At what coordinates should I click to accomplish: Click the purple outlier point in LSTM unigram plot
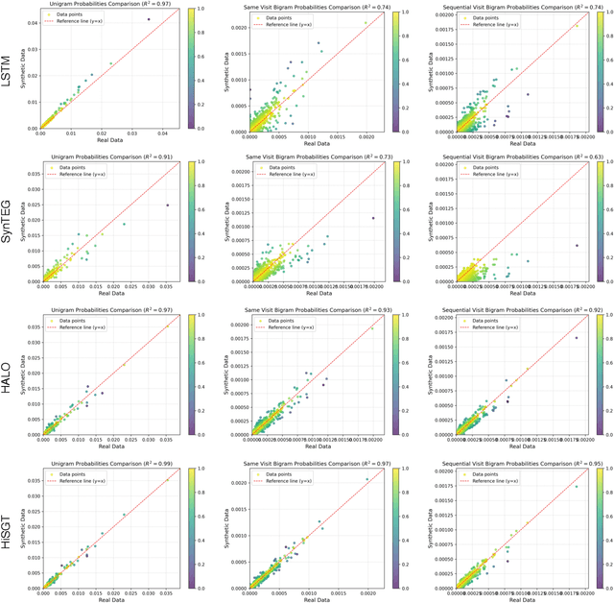[148, 19]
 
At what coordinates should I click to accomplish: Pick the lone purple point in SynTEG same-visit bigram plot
[373, 218]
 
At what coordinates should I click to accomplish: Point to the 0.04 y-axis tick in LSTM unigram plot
[32, 23]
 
